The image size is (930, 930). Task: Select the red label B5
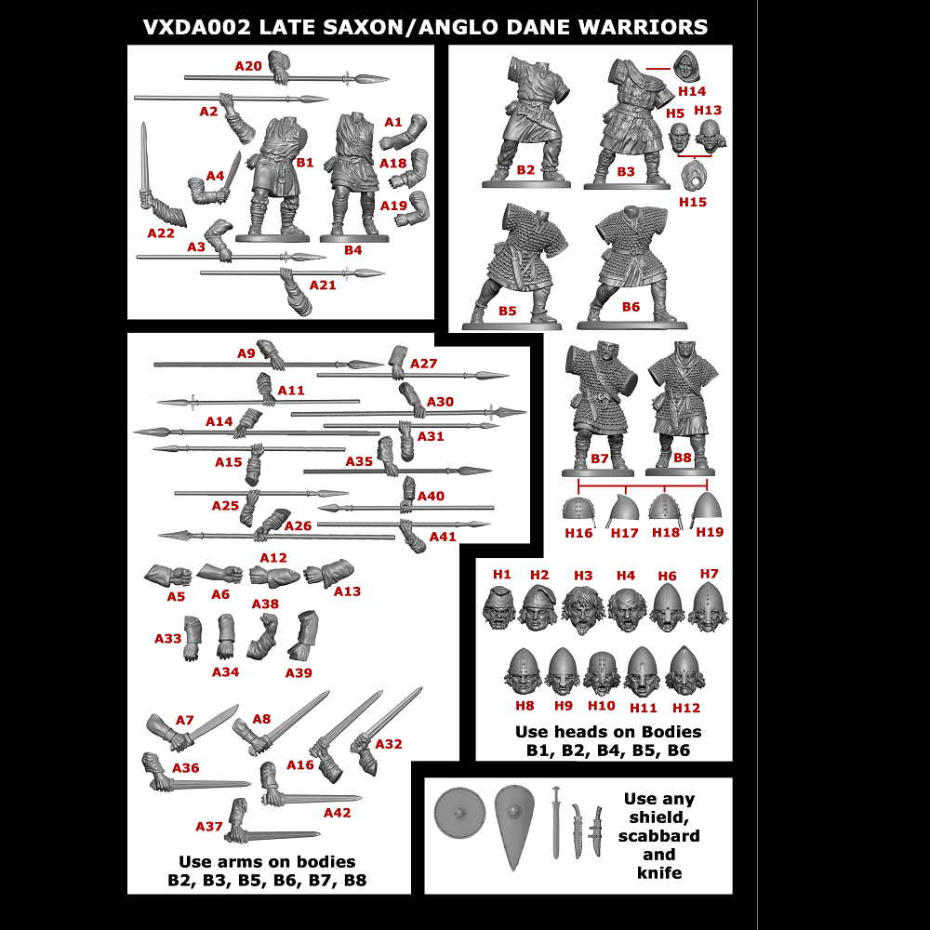tap(507, 311)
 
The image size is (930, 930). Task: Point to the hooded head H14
tap(688, 69)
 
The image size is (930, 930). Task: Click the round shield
tap(458, 813)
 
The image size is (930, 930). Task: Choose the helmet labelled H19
tap(709, 510)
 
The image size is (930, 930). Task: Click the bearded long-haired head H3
tap(583, 610)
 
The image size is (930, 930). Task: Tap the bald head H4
tap(627, 610)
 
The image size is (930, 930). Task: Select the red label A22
tap(160, 233)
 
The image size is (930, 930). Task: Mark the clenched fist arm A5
tap(167, 575)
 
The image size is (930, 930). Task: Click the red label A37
tap(209, 826)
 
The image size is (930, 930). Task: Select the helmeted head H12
tap(685, 672)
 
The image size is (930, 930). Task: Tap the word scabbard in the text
tap(658, 835)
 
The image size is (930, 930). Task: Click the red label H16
tap(578, 533)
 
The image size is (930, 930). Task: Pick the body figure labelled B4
tap(352, 177)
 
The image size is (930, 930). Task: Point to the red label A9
tap(246, 353)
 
